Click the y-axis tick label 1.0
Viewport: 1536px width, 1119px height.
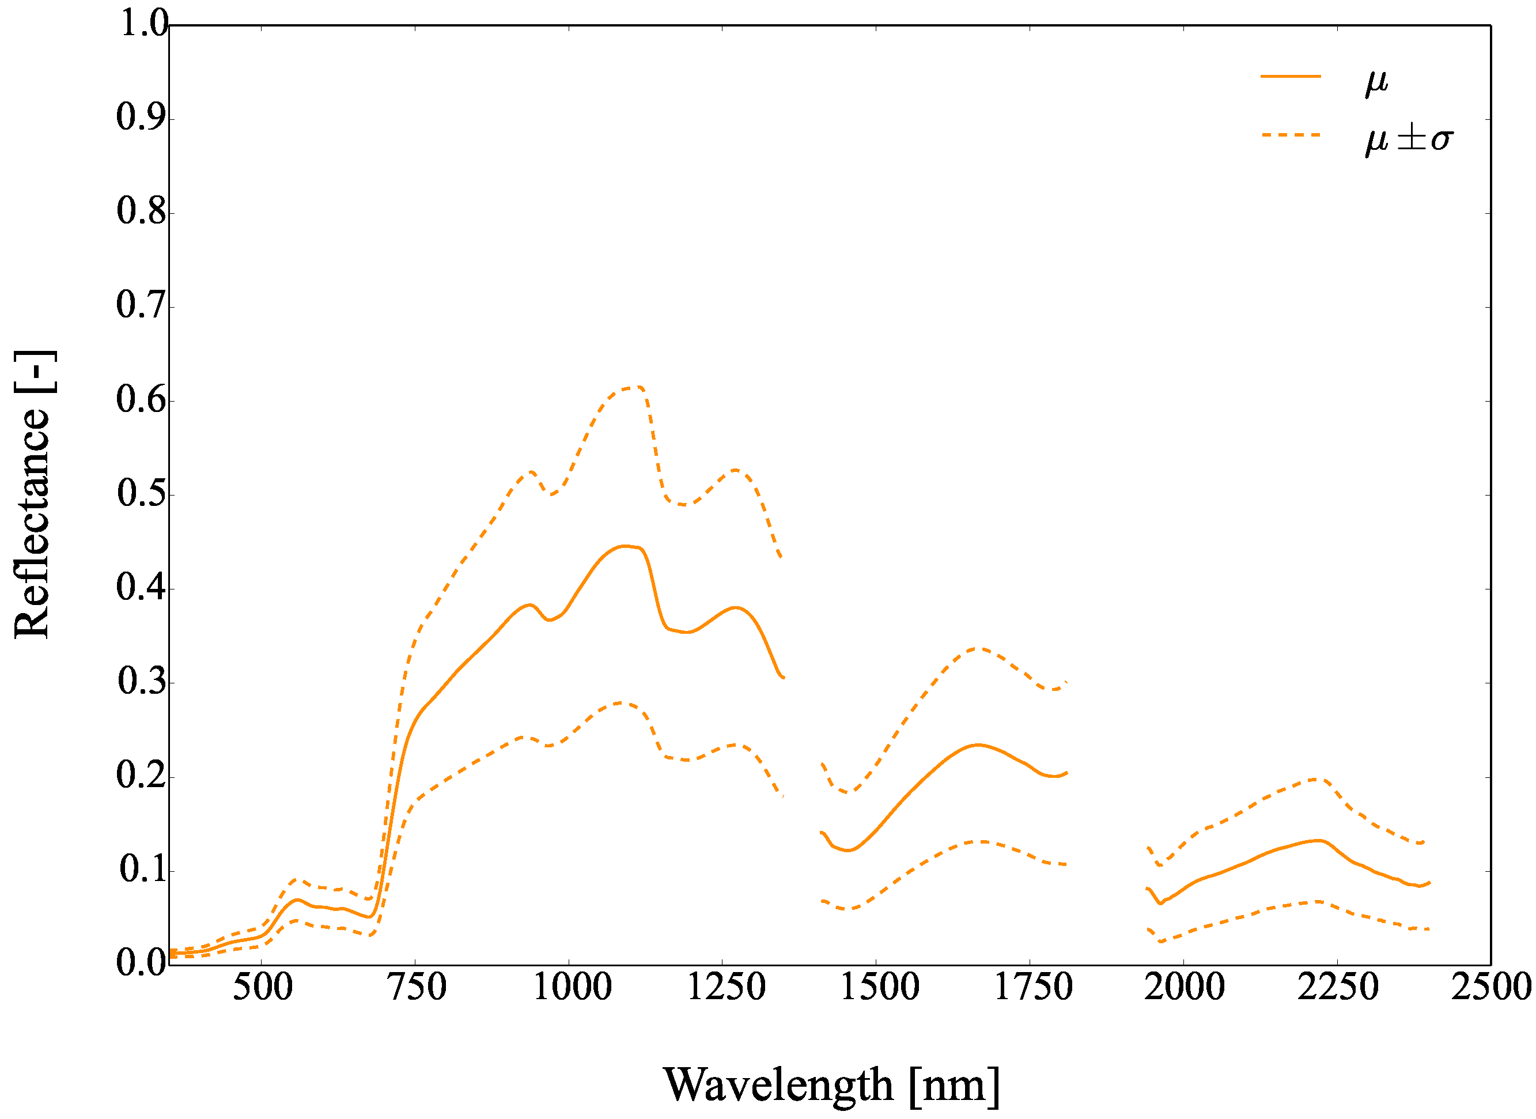[142, 24]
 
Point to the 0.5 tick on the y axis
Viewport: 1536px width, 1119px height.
[142, 494]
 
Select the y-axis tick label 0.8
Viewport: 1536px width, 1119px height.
[142, 212]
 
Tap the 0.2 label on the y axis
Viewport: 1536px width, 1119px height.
[142, 776]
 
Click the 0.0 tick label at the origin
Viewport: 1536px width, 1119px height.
[142, 963]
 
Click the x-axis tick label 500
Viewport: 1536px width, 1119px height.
[262, 988]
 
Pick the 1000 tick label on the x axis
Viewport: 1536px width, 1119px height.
[573, 988]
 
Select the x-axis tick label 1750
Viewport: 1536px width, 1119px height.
[1034, 988]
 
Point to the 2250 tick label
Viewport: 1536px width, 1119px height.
[1338, 988]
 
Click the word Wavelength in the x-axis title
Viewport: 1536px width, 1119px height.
[778, 1085]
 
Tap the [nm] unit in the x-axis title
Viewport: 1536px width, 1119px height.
[954, 1085]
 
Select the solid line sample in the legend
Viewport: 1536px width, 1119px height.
[1290, 77]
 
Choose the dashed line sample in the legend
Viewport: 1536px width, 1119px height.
[1290, 135]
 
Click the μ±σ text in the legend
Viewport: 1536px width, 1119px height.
[1409, 139]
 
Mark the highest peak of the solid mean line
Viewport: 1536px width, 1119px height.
[625, 546]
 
